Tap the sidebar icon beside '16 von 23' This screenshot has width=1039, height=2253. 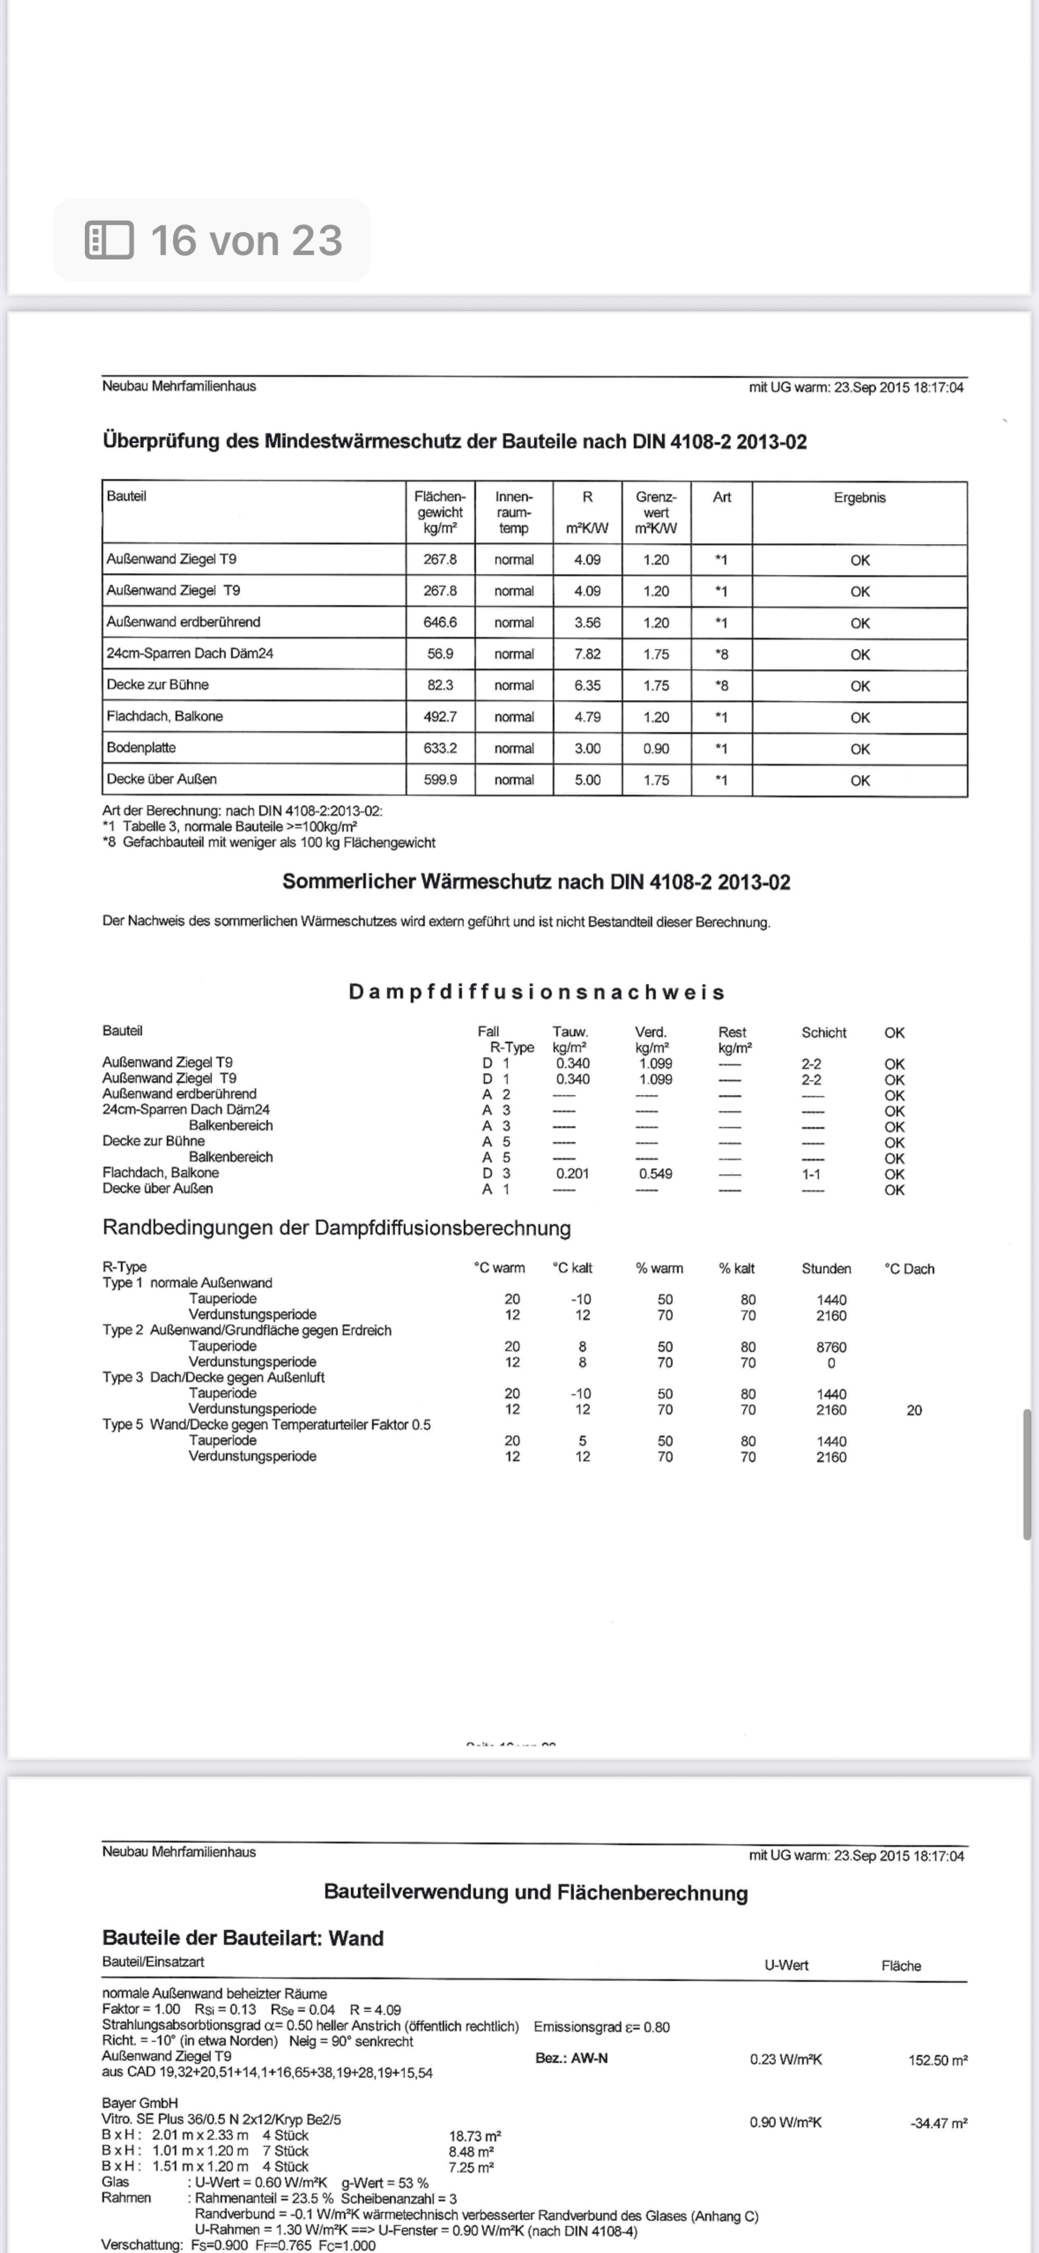coord(109,240)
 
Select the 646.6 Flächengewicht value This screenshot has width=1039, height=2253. coord(440,623)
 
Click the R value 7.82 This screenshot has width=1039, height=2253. coord(587,654)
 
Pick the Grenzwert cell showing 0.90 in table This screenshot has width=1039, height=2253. coord(656,749)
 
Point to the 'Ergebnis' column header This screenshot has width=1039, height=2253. coord(859,497)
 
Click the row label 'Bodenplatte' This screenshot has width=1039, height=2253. coord(141,748)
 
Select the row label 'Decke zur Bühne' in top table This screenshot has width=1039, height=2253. coord(157,685)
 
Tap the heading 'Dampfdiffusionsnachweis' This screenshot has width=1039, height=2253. coord(536,992)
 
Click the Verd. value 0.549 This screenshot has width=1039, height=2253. coord(655,1174)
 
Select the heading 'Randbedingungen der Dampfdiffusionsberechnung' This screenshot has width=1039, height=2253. coord(336,1228)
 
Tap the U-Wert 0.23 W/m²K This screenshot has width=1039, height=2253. coord(785,2060)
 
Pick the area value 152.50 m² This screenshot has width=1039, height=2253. coord(938,2061)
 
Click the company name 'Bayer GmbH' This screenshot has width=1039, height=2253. coord(140,2104)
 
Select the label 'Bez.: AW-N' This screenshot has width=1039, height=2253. coord(571,2059)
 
